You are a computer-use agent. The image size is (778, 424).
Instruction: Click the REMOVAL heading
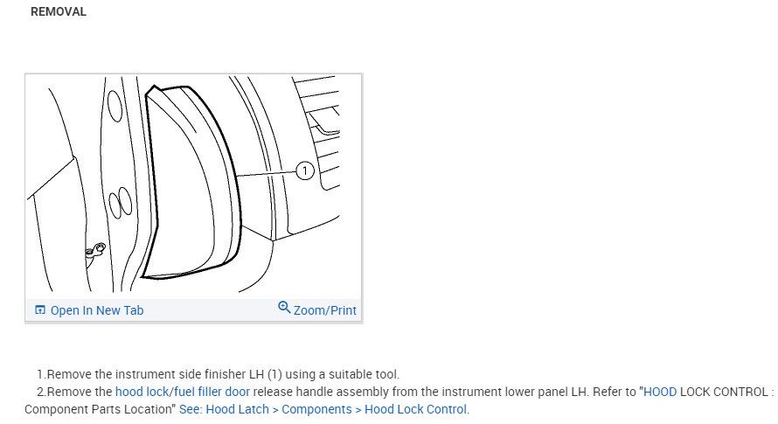pyautogui.click(x=59, y=11)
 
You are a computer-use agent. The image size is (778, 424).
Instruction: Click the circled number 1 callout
pyautogui.click(x=305, y=171)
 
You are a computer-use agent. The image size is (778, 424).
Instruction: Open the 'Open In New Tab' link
pyautogui.click(x=97, y=310)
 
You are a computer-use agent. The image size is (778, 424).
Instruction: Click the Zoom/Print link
pyautogui.click(x=325, y=310)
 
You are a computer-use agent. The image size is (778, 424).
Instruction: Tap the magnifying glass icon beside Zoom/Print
pyautogui.click(x=284, y=308)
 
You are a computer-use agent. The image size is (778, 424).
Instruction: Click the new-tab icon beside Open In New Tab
pyautogui.click(x=40, y=309)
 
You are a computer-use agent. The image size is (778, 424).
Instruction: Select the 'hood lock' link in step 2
pyautogui.click(x=142, y=392)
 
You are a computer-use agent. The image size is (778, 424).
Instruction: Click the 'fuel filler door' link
pyautogui.click(x=212, y=392)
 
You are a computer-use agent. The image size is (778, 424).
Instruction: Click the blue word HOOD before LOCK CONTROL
pyautogui.click(x=660, y=392)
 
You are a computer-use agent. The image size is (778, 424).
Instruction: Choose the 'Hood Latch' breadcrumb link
pyautogui.click(x=237, y=409)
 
